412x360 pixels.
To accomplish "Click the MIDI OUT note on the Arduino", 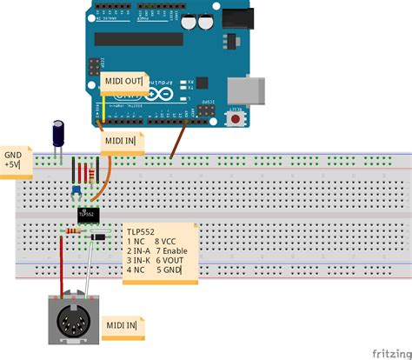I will tap(123, 81).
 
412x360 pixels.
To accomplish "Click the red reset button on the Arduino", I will tap(235, 119).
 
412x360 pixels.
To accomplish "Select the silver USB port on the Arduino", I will tap(243, 90).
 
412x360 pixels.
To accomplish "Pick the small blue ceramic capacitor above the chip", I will tap(76, 190).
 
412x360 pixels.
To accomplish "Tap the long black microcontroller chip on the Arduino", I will tap(139, 38).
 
